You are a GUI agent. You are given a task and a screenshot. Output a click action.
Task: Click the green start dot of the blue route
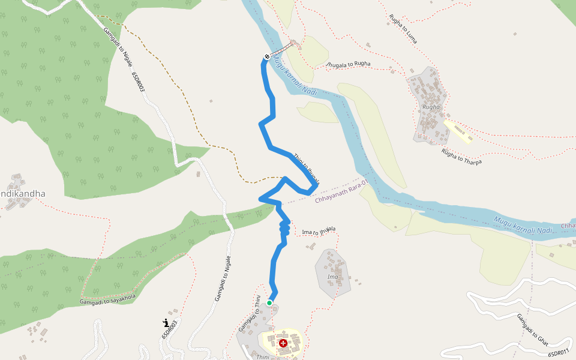[269, 303]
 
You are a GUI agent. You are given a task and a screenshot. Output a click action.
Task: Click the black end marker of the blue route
[266, 57]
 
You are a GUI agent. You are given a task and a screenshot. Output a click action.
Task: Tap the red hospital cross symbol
[283, 343]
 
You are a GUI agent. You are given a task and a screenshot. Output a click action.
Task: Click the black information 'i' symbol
[166, 323]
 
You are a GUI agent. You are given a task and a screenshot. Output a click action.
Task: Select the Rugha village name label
[431, 107]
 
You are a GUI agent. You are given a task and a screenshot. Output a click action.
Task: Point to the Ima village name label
[332, 277]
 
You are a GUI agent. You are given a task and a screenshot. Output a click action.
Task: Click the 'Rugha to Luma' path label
[403, 29]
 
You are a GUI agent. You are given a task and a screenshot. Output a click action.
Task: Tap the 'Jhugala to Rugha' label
[348, 64]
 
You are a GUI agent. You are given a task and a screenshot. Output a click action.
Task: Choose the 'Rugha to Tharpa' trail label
[461, 157]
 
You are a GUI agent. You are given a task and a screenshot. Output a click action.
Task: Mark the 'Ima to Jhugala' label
[319, 231]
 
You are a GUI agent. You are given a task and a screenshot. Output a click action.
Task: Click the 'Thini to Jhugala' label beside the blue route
[306, 168]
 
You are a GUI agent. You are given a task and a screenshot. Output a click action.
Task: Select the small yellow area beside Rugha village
[459, 131]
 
